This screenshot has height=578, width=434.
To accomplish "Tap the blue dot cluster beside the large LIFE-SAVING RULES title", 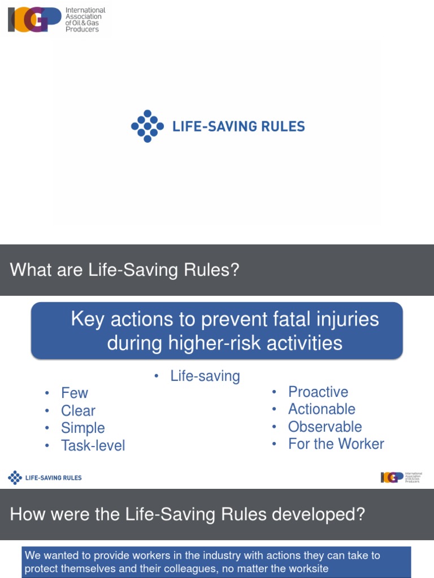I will [147, 126].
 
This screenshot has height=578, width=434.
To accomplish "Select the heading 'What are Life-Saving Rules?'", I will [125, 270].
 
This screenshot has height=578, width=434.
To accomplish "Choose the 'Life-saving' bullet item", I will [205, 376].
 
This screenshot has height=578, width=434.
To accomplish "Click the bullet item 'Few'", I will [75, 393].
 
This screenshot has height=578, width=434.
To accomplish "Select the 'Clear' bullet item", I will [78, 410].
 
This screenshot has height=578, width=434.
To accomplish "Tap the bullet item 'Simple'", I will [83, 428].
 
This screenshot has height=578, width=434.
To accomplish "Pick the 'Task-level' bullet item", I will [93, 445].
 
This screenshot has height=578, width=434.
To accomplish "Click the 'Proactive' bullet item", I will [318, 392].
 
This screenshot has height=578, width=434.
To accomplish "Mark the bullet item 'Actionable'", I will [322, 409].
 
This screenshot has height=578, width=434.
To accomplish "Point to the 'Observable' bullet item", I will [325, 427].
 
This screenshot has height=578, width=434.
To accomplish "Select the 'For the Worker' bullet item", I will [336, 444].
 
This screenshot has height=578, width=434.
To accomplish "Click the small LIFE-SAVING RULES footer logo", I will [45, 478].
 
